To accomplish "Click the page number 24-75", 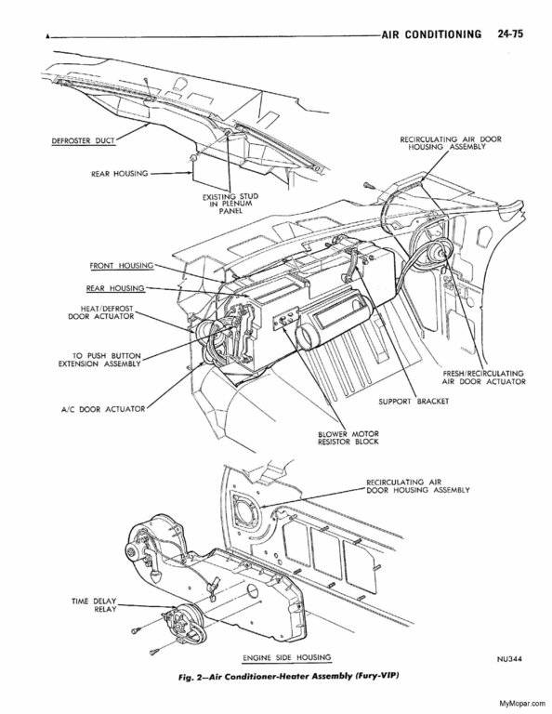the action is click(x=510, y=33).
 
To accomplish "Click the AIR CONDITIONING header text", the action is click(x=431, y=34).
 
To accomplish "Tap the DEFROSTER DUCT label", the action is click(x=84, y=140).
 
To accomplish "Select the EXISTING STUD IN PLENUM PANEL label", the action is click(x=230, y=203).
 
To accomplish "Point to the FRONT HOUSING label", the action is click(x=122, y=266).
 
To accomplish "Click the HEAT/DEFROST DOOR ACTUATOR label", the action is click(x=101, y=312).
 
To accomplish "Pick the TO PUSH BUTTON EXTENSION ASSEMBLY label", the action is click(x=99, y=359).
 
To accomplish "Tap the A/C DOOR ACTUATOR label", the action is click(x=103, y=409).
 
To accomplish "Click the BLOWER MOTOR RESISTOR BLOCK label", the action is click(x=348, y=438).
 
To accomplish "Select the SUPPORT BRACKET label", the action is click(x=414, y=402).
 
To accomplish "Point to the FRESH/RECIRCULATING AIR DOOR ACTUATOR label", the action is click(x=483, y=377).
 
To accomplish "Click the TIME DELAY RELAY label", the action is click(x=94, y=604).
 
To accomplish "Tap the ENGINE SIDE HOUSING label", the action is click(x=287, y=657).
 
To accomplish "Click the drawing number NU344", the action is click(x=509, y=659).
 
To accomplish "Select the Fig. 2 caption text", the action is click(x=288, y=676).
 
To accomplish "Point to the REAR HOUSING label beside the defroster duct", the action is click(x=120, y=174).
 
